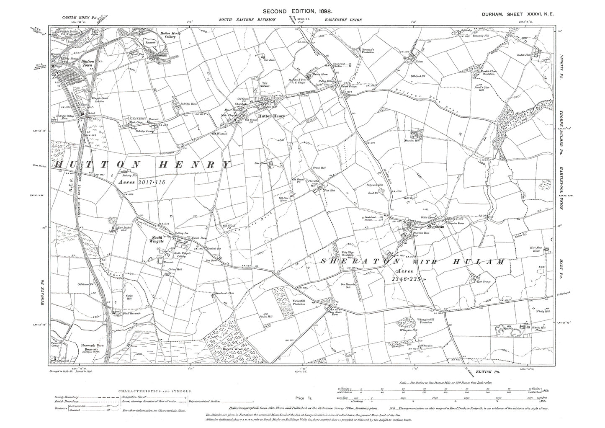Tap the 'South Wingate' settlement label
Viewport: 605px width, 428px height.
click(x=153, y=239)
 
